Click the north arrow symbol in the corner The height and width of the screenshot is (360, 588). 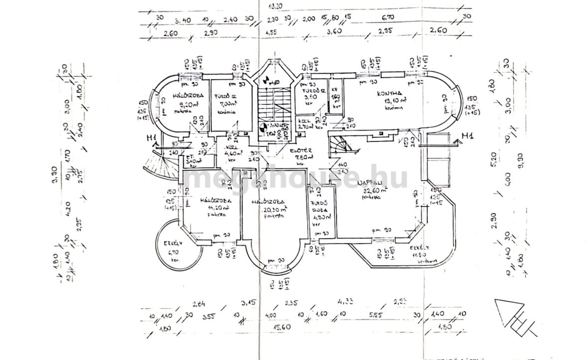coord(515,319)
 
